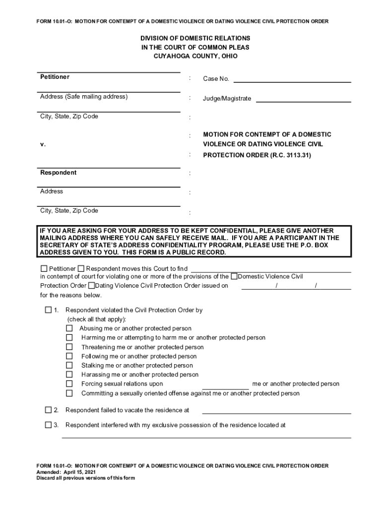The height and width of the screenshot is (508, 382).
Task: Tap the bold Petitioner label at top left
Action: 55,77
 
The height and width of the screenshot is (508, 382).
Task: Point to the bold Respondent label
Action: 59,173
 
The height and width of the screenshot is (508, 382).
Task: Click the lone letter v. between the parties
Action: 43,144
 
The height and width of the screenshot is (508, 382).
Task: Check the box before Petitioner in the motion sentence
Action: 44,269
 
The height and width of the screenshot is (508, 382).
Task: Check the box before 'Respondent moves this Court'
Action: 81,269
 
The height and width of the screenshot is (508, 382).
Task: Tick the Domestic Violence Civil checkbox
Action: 234,276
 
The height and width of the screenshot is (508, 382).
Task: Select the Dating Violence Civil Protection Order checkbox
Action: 91,286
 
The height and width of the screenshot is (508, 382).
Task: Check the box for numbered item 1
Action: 48,310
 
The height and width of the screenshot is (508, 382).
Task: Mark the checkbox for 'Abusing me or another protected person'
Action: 69,328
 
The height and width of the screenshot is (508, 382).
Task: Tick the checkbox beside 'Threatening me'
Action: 69,347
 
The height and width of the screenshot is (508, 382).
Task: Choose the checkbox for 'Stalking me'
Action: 69,366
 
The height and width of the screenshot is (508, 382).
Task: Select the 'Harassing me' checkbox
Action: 69,375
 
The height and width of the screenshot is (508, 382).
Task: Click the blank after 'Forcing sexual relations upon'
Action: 226,387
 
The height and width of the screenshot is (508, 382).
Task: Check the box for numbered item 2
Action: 48,410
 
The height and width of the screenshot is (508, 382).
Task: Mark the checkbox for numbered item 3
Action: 48,425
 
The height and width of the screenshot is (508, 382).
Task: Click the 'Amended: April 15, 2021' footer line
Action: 66,472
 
